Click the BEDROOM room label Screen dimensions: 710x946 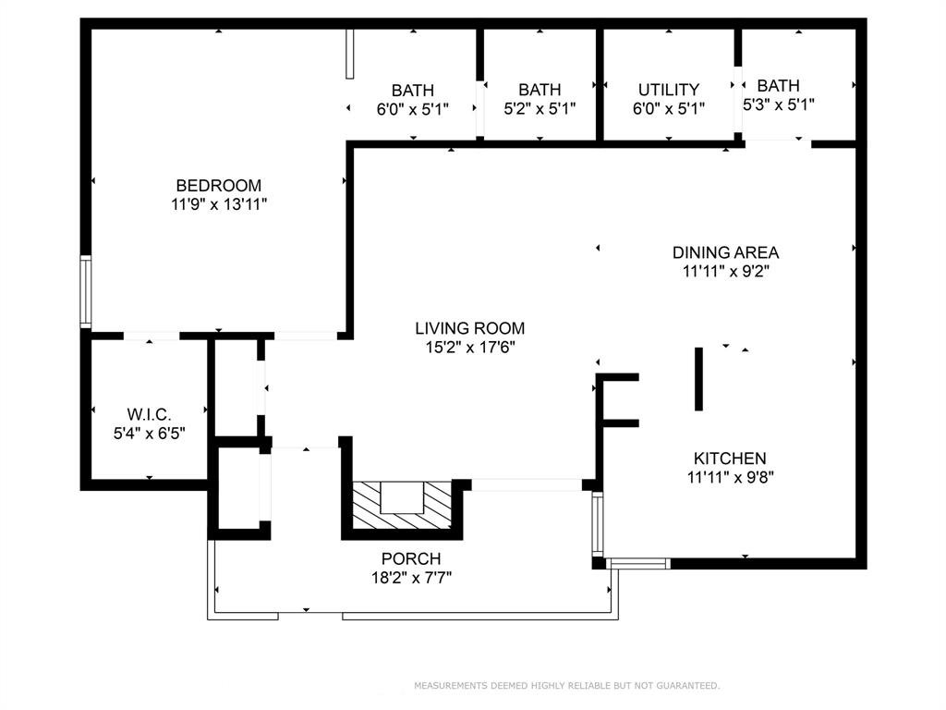tap(219, 186)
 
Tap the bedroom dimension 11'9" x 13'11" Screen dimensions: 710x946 tap(219, 205)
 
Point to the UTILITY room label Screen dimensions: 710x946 tap(669, 90)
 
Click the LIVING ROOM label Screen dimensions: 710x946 tap(469, 328)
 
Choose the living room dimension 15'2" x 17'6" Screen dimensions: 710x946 tap(469, 348)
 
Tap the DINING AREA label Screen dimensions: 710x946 tap(725, 252)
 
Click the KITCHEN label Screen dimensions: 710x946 tap(730, 459)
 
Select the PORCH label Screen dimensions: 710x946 tap(411, 558)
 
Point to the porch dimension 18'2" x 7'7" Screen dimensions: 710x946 tap(411, 578)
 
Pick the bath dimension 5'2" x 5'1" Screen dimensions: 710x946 tap(540, 108)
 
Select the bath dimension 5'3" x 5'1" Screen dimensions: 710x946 tap(779, 105)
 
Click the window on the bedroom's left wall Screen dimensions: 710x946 tap(85, 293)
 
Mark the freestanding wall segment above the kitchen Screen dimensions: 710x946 tap(698, 379)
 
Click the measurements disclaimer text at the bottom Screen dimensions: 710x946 tap(566, 686)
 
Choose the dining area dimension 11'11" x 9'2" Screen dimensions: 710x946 tap(725, 272)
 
